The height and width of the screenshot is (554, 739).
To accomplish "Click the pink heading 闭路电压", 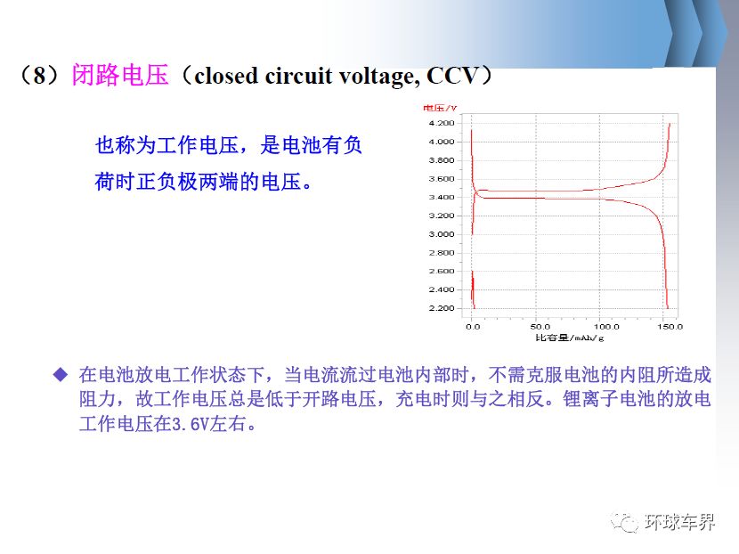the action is [x=120, y=75].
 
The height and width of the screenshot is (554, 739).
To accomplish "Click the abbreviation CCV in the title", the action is [x=452, y=76].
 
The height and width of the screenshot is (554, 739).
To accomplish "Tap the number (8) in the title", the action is [x=39, y=75].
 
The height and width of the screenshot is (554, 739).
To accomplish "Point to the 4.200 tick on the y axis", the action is [x=442, y=123].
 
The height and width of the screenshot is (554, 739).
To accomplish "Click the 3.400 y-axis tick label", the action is [x=442, y=197].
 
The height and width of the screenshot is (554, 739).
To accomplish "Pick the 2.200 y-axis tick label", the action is [x=442, y=308].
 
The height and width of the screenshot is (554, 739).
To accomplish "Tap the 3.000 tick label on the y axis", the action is [x=442, y=234].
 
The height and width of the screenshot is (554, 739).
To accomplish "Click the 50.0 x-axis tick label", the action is [x=540, y=326].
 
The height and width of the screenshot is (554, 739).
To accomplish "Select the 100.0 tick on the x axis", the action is [x=606, y=326].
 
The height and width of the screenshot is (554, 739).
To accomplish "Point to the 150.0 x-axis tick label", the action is [x=670, y=326].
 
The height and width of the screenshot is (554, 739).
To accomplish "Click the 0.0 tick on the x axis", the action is [x=473, y=326].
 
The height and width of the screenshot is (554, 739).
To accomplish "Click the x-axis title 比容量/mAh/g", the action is [x=569, y=338].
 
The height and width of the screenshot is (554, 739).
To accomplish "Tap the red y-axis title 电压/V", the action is [x=440, y=108].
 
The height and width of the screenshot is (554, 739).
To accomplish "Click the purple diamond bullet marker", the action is [x=61, y=375].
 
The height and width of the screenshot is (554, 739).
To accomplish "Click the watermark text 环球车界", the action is [x=679, y=522].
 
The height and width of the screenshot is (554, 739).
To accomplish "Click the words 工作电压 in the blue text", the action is [x=197, y=145].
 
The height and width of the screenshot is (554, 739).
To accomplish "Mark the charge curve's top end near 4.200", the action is [x=670, y=124].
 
